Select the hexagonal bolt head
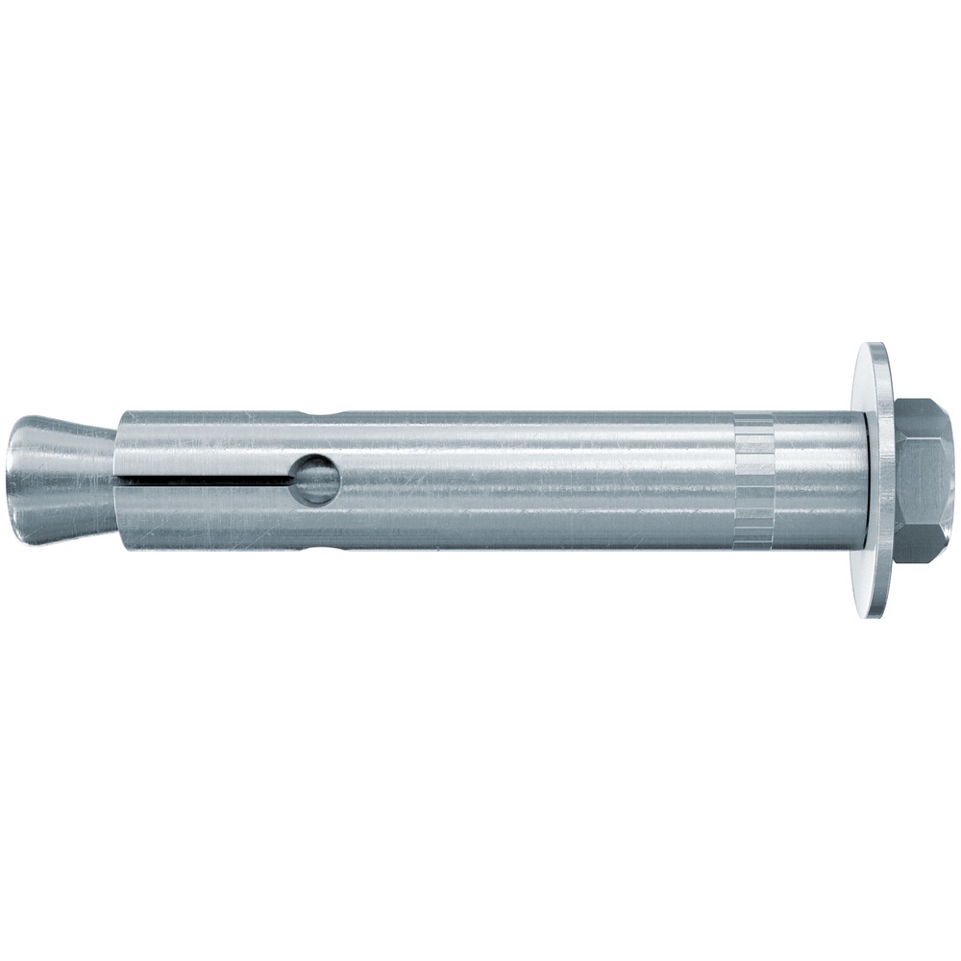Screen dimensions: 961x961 [x=923, y=480]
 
